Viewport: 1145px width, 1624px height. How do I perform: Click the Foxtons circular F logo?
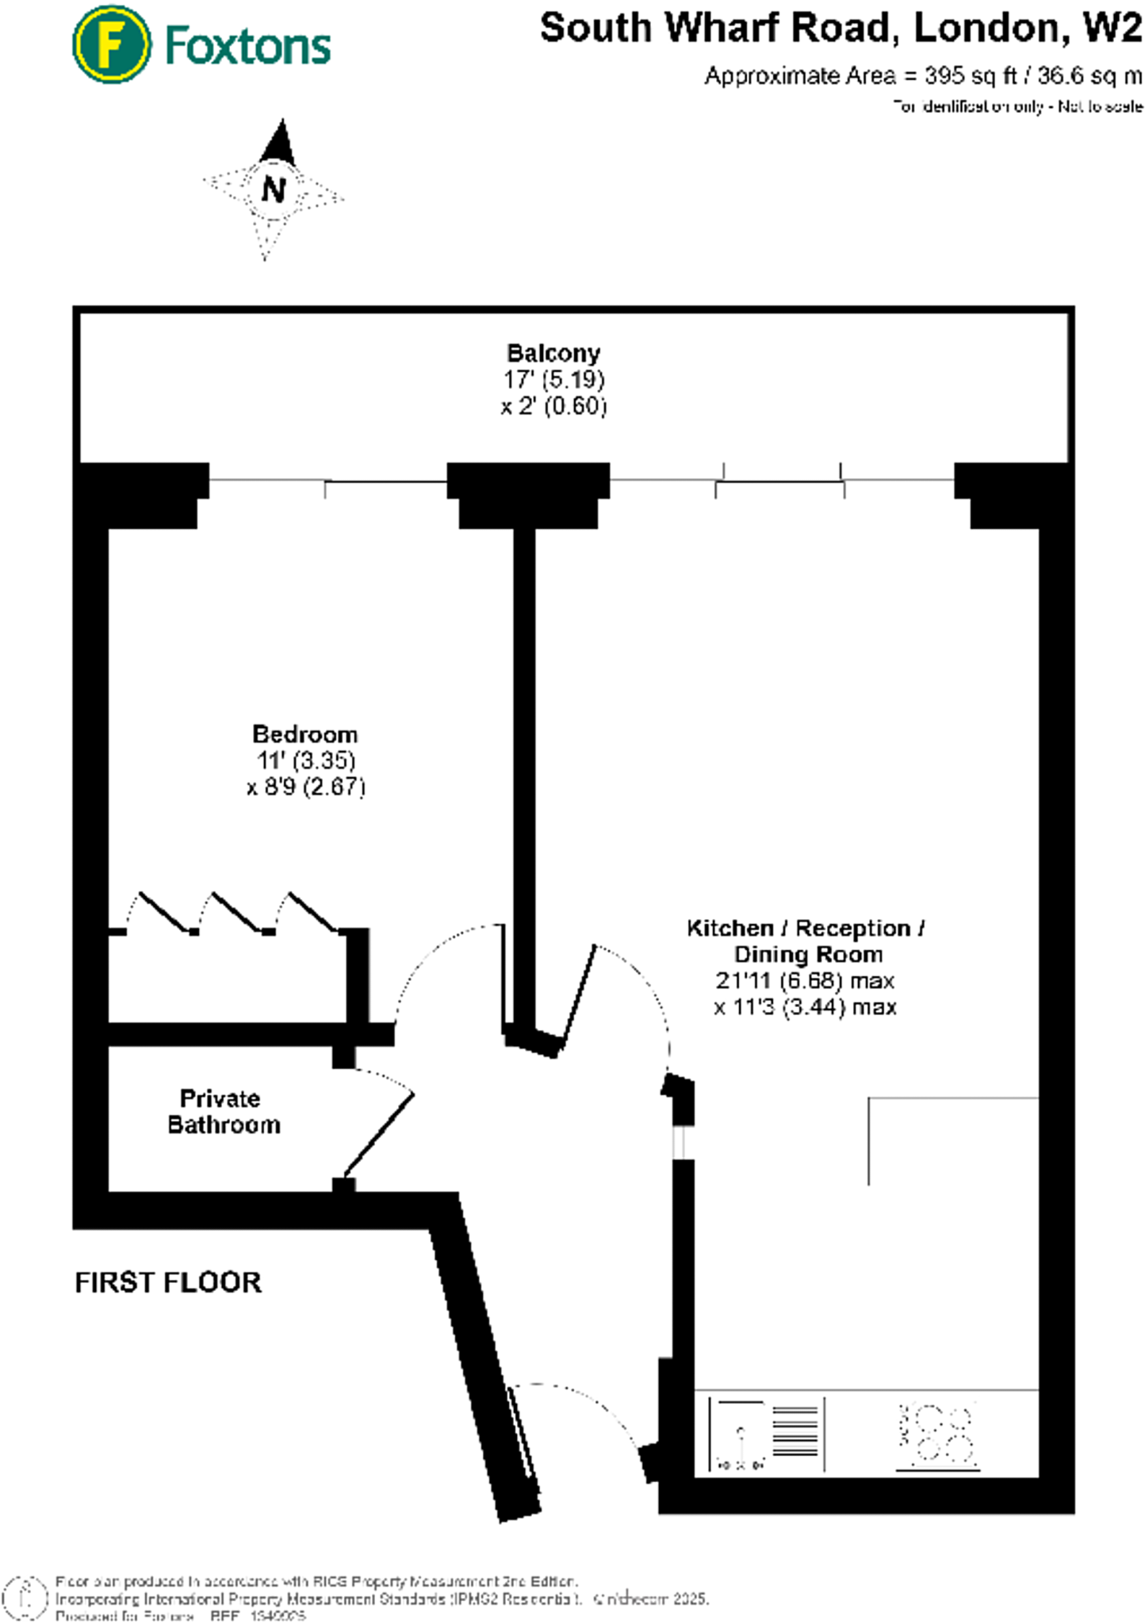[x=111, y=44]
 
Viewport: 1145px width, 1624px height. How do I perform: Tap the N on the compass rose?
[x=274, y=190]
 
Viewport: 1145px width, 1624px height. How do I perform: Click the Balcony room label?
[x=553, y=353]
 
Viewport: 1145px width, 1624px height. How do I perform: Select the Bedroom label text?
[x=304, y=733]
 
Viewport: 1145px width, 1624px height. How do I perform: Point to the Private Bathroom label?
[x=224, y=1111]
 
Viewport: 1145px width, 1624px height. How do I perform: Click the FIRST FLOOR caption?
[x=168, y=1282]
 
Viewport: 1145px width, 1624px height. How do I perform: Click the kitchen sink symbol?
[x=741, y=1434]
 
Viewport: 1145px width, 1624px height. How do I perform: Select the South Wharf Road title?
[x=841, y=29]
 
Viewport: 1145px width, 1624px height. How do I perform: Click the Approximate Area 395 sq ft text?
[x=923, y=76]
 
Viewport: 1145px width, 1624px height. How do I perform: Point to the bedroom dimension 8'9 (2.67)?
[x=306, y=787]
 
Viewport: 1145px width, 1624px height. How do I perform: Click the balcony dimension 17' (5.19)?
[x=553, y=379]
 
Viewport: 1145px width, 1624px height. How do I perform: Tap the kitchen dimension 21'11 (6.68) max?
[x=805, y=981]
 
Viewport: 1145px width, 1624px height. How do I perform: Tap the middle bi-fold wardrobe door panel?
[x=236, y=911]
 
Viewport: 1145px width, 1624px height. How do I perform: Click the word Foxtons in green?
[x=247, y=46]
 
